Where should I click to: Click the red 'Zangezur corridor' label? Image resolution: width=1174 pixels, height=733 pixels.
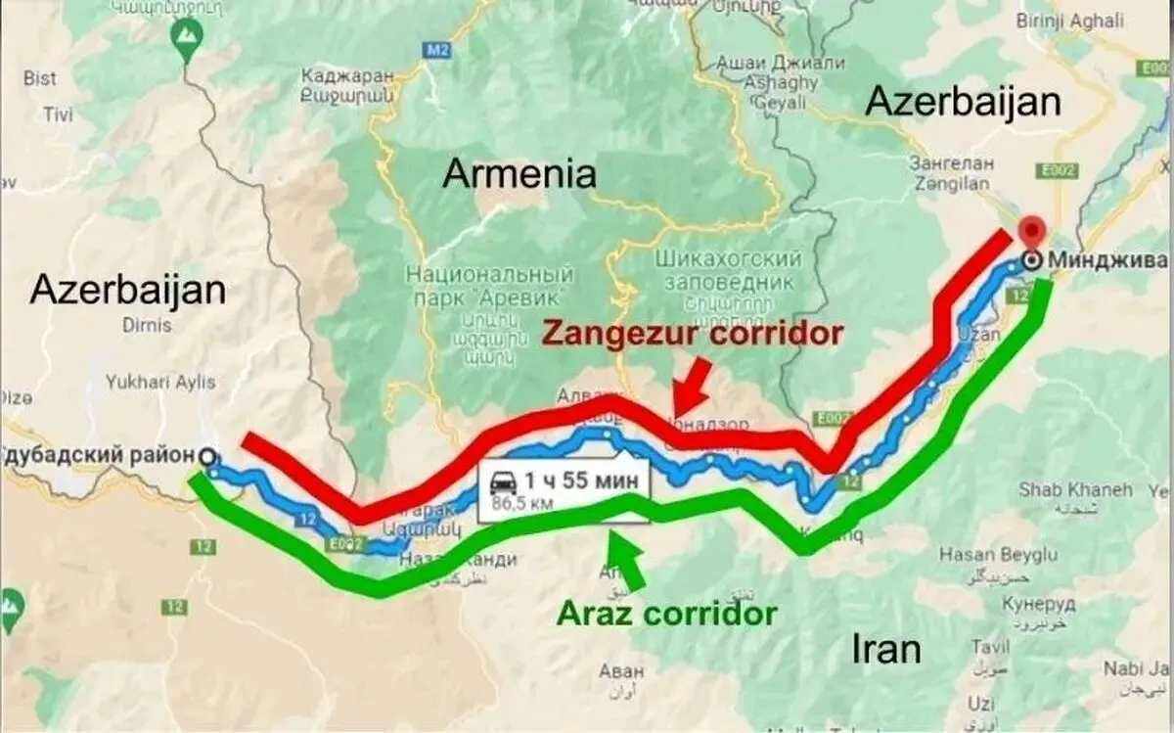692,334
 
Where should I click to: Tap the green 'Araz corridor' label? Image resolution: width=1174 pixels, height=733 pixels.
666,614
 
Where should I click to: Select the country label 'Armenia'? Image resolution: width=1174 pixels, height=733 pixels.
519,174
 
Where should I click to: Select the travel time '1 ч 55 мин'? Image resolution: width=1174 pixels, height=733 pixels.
581,481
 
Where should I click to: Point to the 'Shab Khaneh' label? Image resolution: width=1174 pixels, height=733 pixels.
1075,488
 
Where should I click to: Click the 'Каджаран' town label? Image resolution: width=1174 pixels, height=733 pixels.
347,75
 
